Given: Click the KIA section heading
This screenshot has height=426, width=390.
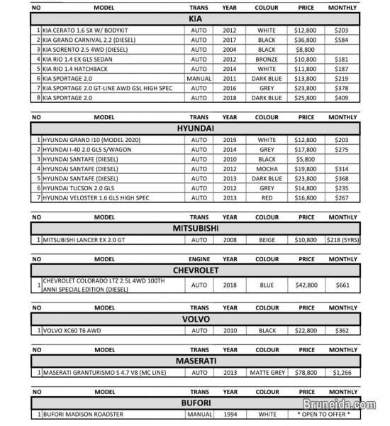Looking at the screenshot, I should tap(199, 18).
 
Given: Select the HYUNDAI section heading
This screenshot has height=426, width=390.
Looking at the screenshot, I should tap(199, 128).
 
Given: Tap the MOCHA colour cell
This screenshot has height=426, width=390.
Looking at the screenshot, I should tap(267, 169).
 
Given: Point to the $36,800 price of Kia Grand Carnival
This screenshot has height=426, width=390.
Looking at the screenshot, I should tap(306, 40).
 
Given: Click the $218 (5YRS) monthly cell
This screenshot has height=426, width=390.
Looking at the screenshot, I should tap(343, 240).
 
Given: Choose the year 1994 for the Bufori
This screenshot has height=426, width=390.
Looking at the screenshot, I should tap(230, 413).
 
